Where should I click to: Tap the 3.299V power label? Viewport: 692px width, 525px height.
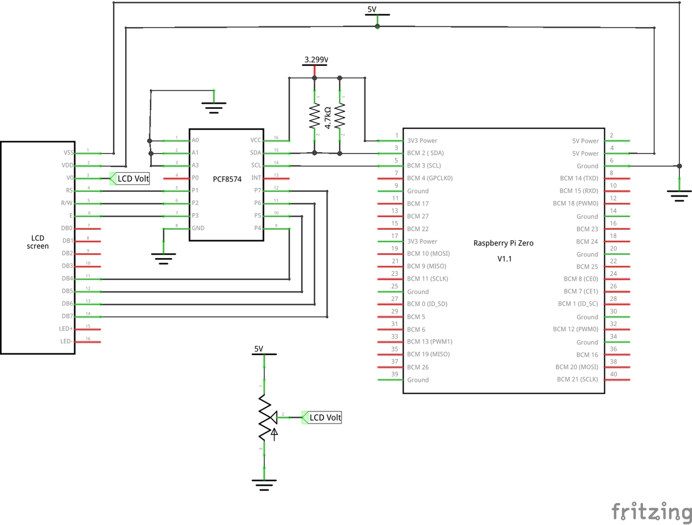tap(316, 59)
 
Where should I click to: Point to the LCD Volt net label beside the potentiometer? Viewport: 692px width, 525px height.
tap(325, 418)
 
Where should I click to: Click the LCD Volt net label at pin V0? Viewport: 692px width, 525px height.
tap(133, 179)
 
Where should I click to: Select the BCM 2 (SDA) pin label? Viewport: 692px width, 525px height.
tap(426, 153)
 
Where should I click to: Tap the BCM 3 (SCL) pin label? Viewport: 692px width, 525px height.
tap(425, 165)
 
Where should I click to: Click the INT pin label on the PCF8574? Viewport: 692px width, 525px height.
tap(257, 178)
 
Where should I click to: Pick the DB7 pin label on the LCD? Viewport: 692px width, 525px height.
tap(67, 316)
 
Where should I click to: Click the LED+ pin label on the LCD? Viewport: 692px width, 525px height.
tap(66, 328)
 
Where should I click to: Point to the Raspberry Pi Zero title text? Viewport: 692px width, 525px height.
tap(503, 243)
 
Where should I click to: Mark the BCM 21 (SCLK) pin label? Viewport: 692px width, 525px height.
tap(577, 379)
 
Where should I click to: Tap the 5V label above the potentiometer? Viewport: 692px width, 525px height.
tap(258, 349)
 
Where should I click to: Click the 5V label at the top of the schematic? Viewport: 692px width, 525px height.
tap(372, 10)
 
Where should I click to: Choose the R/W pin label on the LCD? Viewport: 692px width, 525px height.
tap(66, 203)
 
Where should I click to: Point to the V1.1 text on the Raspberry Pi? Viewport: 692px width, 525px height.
tap(505, 259)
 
